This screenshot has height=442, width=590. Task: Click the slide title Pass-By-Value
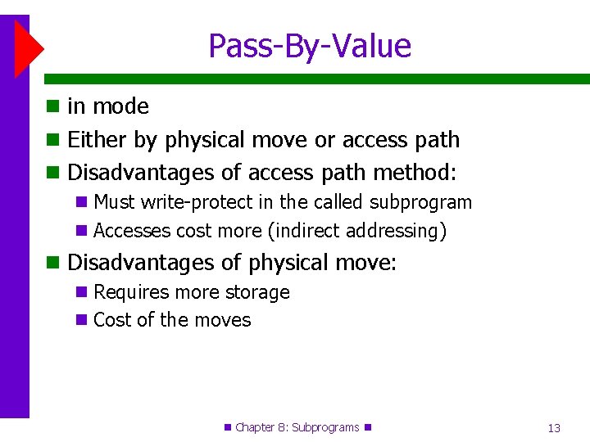309,46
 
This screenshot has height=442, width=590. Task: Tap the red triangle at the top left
28,49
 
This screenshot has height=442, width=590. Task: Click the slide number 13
554,428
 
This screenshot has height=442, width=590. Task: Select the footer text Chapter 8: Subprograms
297,427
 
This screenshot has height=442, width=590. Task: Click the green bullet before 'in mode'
53,106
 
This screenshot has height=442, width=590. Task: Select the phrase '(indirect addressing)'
357,231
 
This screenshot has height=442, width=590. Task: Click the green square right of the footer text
367,427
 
